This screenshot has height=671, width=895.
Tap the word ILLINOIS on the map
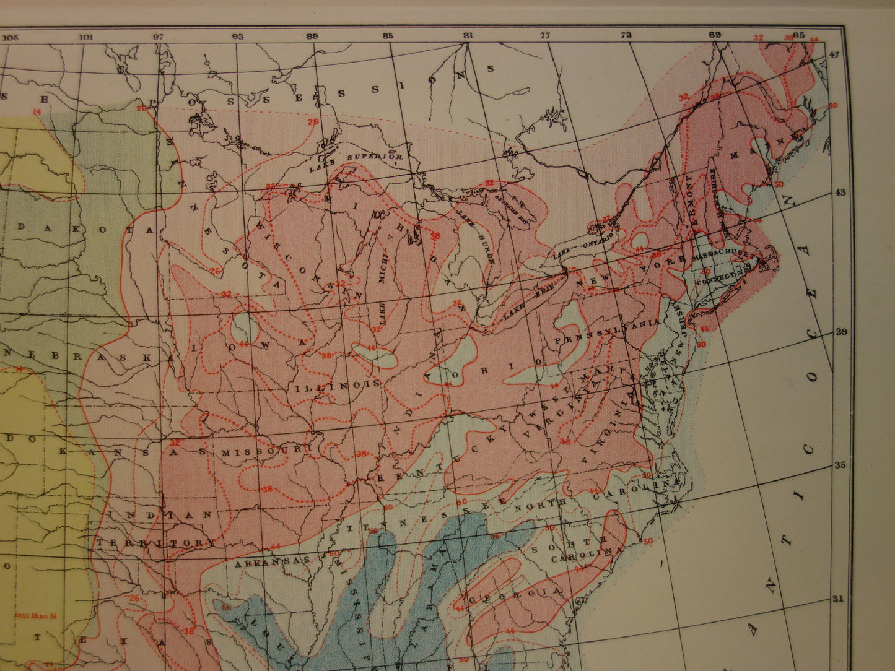click(338, 385)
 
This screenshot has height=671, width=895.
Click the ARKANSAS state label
click(272, 561)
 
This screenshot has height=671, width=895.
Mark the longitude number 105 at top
click(10, 37)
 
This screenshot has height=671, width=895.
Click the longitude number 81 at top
click(468, 36)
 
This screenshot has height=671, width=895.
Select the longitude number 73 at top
click(626, 35)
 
